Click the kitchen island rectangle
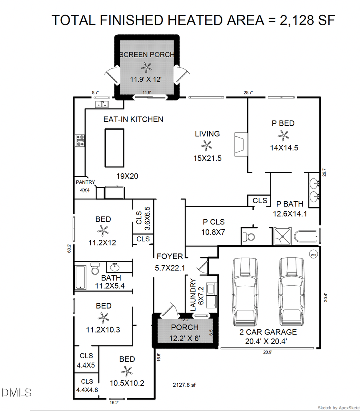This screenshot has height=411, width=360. (x=115, y=148)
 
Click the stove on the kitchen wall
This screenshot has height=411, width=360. (x=80, y=140)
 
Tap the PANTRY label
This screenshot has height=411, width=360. (x=86, y=182)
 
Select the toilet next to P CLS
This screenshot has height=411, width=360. (x=249, y=237)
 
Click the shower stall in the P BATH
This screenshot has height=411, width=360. (x=283, y=236)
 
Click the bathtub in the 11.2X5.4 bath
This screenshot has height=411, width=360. (x=81, y=277)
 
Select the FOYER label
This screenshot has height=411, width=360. (x=170, y=256)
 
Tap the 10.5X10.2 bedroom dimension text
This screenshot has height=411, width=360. (x=127, y=383)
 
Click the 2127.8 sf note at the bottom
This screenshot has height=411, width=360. (x=184, y=385)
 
